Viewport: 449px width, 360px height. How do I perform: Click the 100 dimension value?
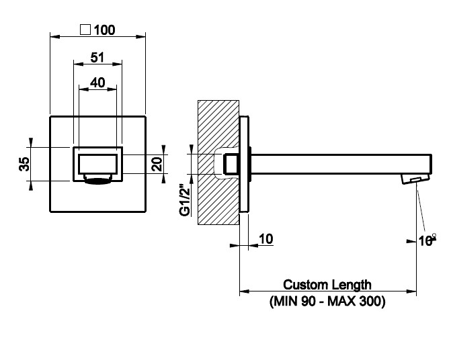[104, 30]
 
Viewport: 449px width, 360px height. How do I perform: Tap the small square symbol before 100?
[85, 30]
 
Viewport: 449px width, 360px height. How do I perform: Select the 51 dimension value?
[97, 58]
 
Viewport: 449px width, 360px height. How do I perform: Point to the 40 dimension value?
[97, 82]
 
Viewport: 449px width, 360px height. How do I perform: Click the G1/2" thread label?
[183, 200]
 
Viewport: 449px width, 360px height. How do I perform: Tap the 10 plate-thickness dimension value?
[266, 238]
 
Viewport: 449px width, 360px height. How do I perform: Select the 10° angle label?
[426, 238]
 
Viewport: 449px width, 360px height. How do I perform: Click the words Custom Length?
[327, 285]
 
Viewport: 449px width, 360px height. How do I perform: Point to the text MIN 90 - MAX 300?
[327, 302]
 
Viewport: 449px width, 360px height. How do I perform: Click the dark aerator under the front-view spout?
[98, 179]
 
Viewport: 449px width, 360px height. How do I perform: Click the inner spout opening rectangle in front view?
[98, 164]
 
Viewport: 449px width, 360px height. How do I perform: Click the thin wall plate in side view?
[245, 164]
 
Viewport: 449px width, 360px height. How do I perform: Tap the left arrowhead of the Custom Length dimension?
[243, 291]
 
